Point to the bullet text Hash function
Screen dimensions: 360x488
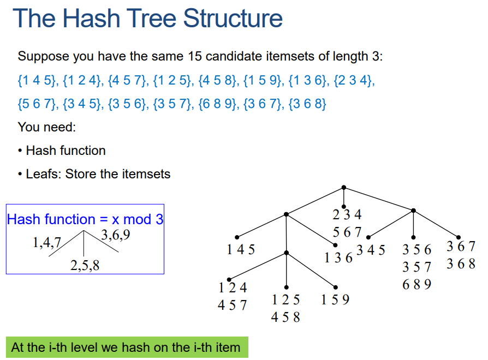tap(66, 151)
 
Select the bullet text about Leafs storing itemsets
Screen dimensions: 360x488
tap(98, 174)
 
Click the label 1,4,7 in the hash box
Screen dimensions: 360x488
tap(46, 243)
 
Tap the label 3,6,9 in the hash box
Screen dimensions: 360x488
tap(116, 236)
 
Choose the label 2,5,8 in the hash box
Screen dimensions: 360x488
tap(85, 266)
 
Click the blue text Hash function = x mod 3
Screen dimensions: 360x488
tap(85, 219)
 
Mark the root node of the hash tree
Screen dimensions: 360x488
tap(343, 188)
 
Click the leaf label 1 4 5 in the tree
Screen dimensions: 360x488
tap(241, 250)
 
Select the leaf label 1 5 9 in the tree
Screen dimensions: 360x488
tap(335, 299)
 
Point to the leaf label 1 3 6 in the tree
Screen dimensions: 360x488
tap(338, 257)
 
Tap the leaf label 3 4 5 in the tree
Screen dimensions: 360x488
tap(371, 250)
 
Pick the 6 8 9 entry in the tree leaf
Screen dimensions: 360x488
tap(416, 284)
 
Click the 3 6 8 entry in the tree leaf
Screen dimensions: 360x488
tap(461, 265)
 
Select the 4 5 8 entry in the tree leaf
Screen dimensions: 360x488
tap(285, 317)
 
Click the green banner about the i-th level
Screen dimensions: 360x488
tap(126, 347)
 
